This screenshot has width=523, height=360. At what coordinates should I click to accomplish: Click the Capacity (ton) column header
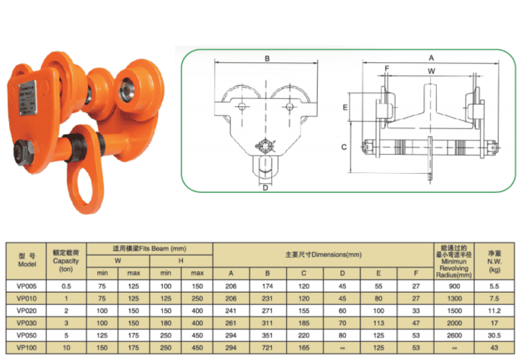pyautogui.click(x=66, y=260)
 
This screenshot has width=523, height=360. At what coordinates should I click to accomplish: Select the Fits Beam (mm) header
pyautogui.click(x=150, y=249)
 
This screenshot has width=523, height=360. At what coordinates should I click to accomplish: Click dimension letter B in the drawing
pyautogui.click(x=267, y=59)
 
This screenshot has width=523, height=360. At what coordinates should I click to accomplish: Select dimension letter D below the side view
pyautogui.click(x=265, y=188)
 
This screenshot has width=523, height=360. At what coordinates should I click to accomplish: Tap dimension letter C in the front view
pyautogui.click(x=344, y=147)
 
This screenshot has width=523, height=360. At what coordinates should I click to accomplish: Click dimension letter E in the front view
pyautogui.click(x=344, y=106)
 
